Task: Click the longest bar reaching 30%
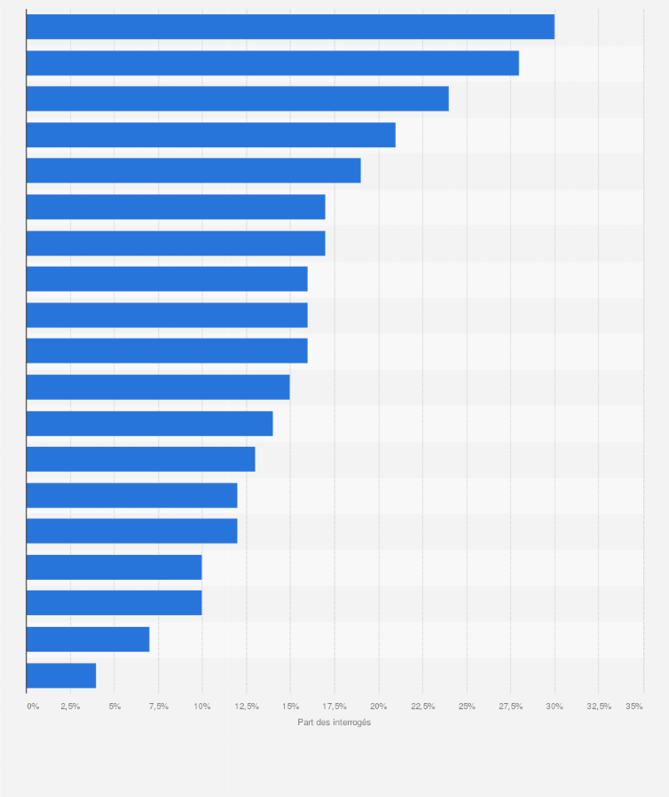290,27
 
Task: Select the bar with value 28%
272,63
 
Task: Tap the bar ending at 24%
237,98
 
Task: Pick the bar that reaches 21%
210,135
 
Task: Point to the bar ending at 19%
193,170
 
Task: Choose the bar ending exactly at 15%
158,387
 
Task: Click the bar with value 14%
149,423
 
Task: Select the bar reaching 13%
140,459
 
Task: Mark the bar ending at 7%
88,638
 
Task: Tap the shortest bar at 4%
61,675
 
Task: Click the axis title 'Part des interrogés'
334,723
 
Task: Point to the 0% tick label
33,706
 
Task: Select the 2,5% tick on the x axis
71,706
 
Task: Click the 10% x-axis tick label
202,706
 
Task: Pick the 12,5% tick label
247,706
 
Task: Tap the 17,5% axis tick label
334,706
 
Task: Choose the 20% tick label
379,706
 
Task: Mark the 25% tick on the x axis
467,706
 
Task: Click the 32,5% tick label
599,706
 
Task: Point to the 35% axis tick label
634,706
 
